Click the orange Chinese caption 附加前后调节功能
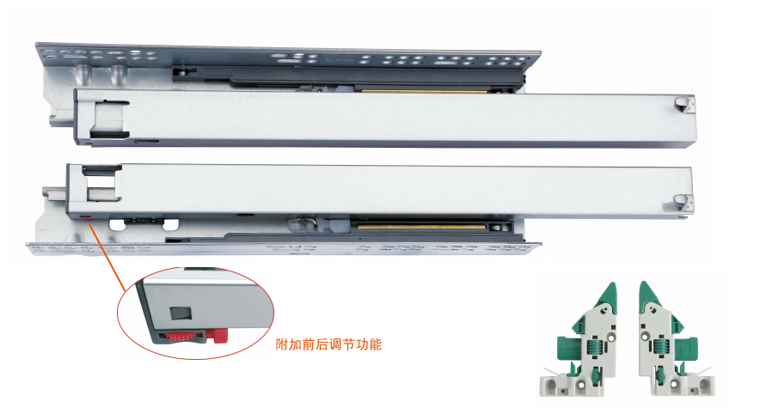pyautogui.click(x=328, y=344)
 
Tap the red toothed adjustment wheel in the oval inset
pyautogui.click(x=181, y=336)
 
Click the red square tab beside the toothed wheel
pyautogui.click(x=219, y=336)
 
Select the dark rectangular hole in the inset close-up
pyautogui.click(x=181, y=313)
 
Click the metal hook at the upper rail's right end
pyautogui.click(x=683, y=105)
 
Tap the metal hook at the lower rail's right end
pyautogui.click(x=683, y=204)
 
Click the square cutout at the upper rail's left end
pyautogui.click(x=108, y=119)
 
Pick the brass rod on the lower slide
pyautogui.click(x=421, y=226)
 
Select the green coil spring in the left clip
pyautogui.click(x=594, y=346)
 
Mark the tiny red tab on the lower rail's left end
pyautogui.click(x=87, y=217)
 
